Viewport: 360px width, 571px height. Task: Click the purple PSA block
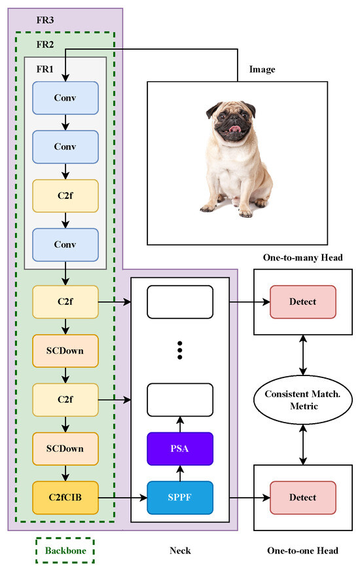pyautogui.click(x=180, y=449)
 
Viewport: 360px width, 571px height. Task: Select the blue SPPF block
pyautogui.click(x=180, y=498)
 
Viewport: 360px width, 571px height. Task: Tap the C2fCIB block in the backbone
pyautogui.click(x=65, y=498)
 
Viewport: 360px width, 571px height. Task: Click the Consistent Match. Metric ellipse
pyautogui.click(x=302, y=400)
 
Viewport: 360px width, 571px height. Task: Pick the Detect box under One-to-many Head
pyautogui.click(x=302, y=302)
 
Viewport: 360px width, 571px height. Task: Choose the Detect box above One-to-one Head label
pyautogui.click(x=302, y=498)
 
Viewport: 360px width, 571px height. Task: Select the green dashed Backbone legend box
pyautogui.click(x=65, y=551)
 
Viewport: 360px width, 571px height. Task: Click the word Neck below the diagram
pyautogui.click(x=180, y=551)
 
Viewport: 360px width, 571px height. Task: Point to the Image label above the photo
pyautogui.click(x=262, y=69)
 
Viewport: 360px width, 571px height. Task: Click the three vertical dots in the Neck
pyautogui.click(x=180, y=351)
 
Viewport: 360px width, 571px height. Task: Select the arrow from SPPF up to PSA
pyautogui.click(x=180, y=473)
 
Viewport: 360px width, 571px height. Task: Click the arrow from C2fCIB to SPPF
pyautogui.click(x=122, y=498)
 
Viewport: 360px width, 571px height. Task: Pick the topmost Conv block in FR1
pyautogui.click(x=65, y=99)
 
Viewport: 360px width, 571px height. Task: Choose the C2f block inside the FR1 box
pyautogui.click(x=65, y=196)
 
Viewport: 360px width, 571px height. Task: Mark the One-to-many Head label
pyautogui.click(x=302, y=258)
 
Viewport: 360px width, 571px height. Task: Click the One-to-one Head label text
pyautogui.click(x=302, y=551)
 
